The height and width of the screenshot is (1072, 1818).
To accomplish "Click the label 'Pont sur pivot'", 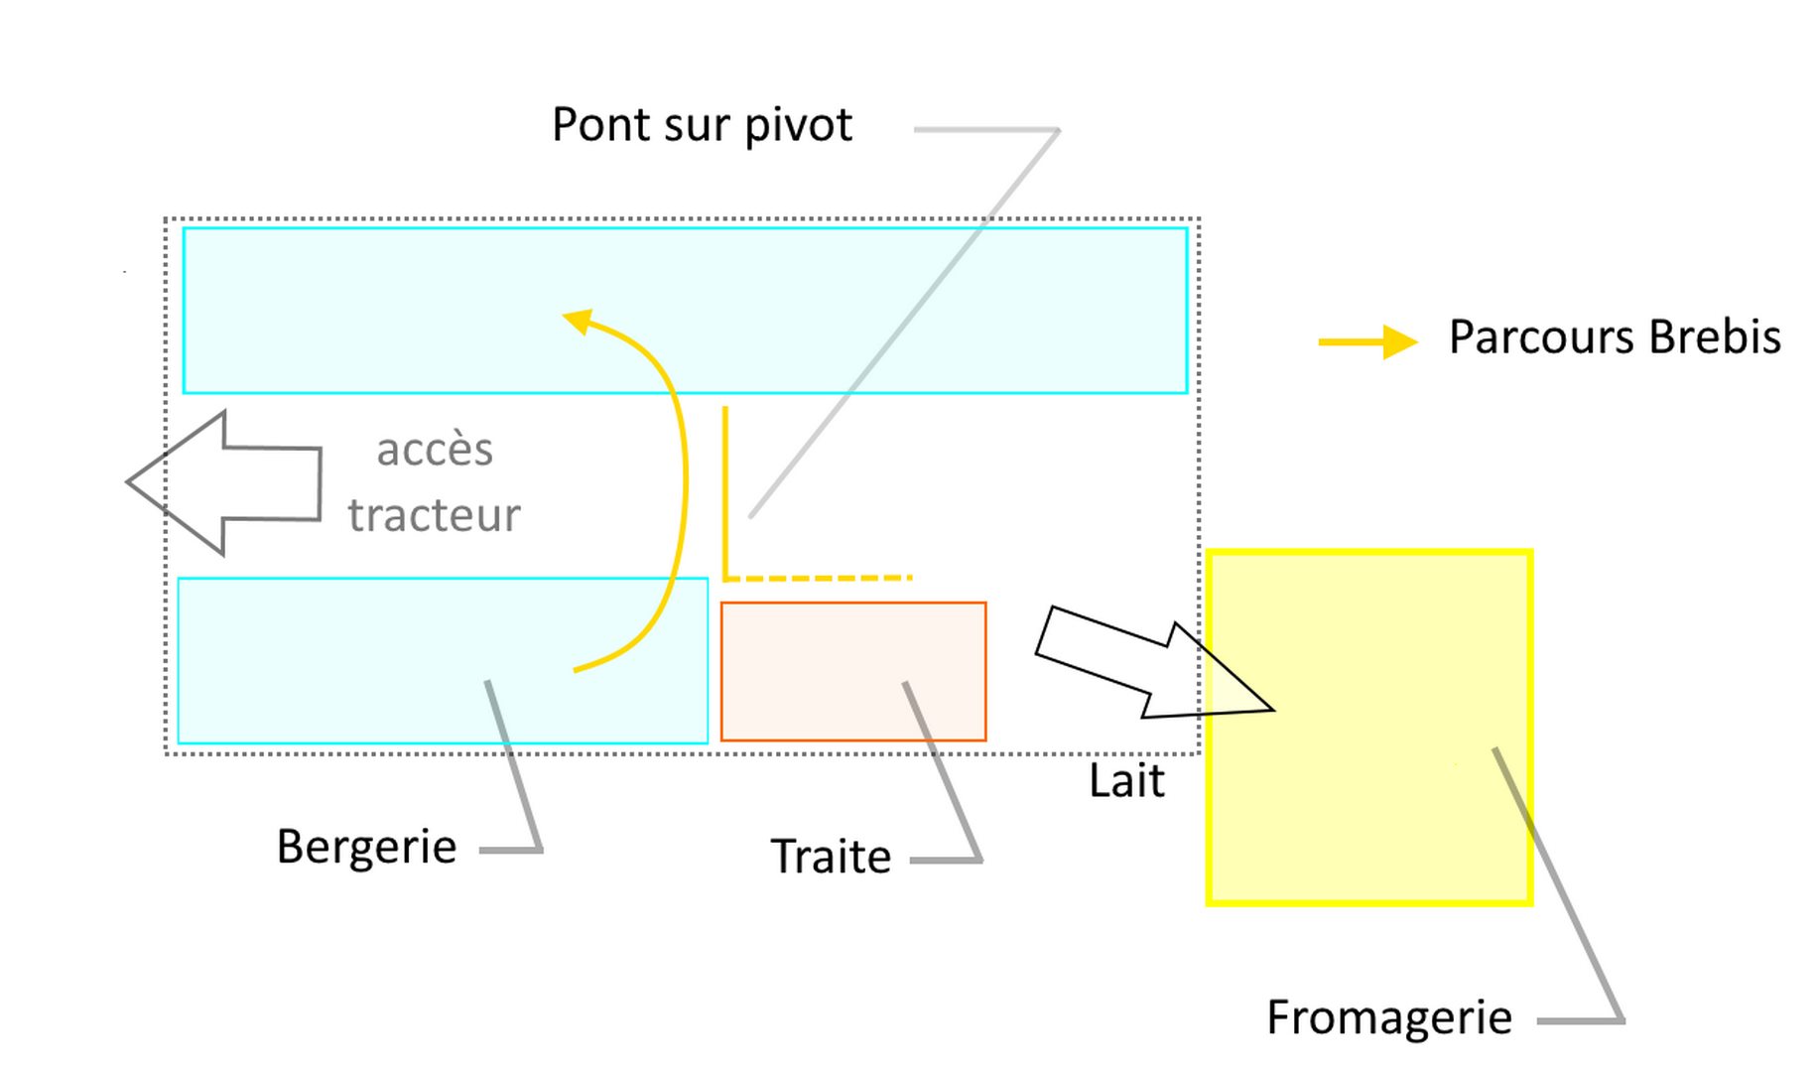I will pyautogui.click(x=702, y=126).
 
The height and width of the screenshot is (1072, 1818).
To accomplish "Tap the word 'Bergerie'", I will pyautogui.click(x=366, y=848).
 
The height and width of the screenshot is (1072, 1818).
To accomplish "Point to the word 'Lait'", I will pyautogui.click(x=1126, y=781).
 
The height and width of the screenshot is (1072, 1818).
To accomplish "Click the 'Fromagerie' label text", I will pyautogui.click(x=1389, y=1018).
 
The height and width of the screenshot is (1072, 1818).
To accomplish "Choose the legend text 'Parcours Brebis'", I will pyautogui.click(x=1615, y=337).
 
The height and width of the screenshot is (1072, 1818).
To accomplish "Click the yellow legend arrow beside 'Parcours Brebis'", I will pyautogui.click(x=1367, y=341).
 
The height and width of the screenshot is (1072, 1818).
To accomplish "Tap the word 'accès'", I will pyautogui.click(x=435, y=450).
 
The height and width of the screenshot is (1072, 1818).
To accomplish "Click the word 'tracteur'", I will pyautogui.click(x=434, y=515).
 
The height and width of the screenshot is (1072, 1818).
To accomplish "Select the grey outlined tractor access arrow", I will pyautogui.click(x=228, y=482).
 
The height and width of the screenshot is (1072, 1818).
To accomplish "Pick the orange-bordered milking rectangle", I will pyautogui.click(x=852, y=671).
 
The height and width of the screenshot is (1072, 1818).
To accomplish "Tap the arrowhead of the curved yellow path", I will pyautogui.click(x=579, y=321).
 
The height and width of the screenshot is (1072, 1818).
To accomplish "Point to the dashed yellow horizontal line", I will pyautogui.click(x=819, y=578).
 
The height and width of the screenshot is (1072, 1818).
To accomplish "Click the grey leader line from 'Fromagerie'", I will pyautogui.click(x=1558, y=883).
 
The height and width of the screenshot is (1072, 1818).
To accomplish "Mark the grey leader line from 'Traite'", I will pyautogui.click(x=943, y=774).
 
